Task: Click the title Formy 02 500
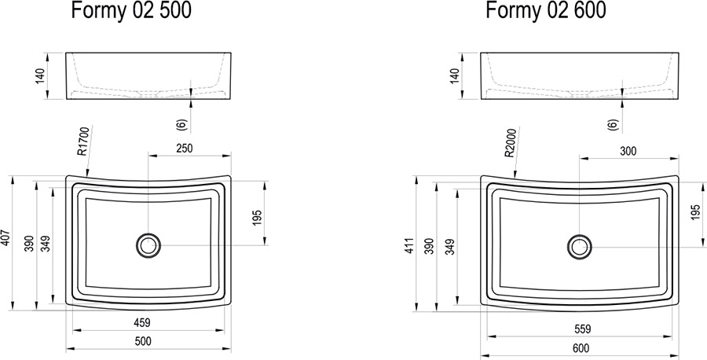pyautogui.click(x=131, y=11)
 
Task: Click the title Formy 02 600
pyautogui.click(x=546, y=11)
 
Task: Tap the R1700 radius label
pyautogui.click(x=83, y=141)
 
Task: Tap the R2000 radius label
pyautogui.click(x=510, y=142)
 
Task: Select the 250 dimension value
pyautogui.click(x=184, y=148)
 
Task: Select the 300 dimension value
pyautogui.click(x=628, y=151)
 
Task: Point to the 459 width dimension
pyautogui.click(x=142, y=323)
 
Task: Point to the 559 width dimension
pyautogui.click(x=582, y=329)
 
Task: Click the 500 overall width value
pyautogui.click(x=143, y=341)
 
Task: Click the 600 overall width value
pyautogui.click(x=581, y=348)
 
